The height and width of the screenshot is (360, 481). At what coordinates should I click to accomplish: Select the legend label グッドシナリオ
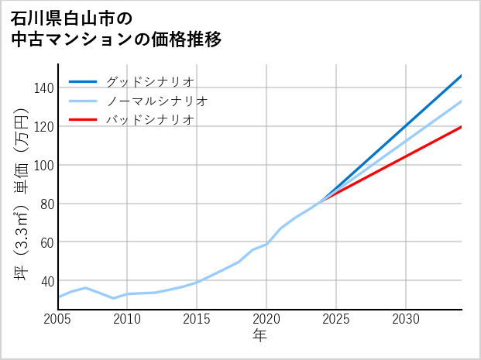coord(149,81)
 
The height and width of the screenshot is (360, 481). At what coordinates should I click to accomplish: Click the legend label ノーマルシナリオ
coord(156,101)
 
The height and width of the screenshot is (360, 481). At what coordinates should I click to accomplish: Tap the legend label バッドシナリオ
coord(149,120)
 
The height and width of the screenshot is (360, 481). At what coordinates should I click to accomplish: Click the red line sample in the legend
coord(84,120)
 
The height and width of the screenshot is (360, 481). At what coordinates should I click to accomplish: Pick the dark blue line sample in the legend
coord(84,81)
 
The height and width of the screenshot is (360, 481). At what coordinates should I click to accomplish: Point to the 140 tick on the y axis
coord(43,88)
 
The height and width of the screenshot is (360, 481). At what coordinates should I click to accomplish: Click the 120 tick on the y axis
coord(43,126)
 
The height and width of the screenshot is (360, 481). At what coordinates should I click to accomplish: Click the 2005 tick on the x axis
coord(58,319)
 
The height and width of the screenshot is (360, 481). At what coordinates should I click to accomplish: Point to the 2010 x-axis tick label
coord(127,319)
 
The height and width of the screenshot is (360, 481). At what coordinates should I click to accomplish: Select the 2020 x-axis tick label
coord(266,319)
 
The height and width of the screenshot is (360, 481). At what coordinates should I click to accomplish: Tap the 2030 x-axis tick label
coord(406,319)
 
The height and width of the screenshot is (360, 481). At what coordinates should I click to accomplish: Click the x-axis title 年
coord(259,336)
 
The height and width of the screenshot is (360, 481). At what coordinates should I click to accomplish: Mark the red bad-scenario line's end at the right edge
coord(461,127)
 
